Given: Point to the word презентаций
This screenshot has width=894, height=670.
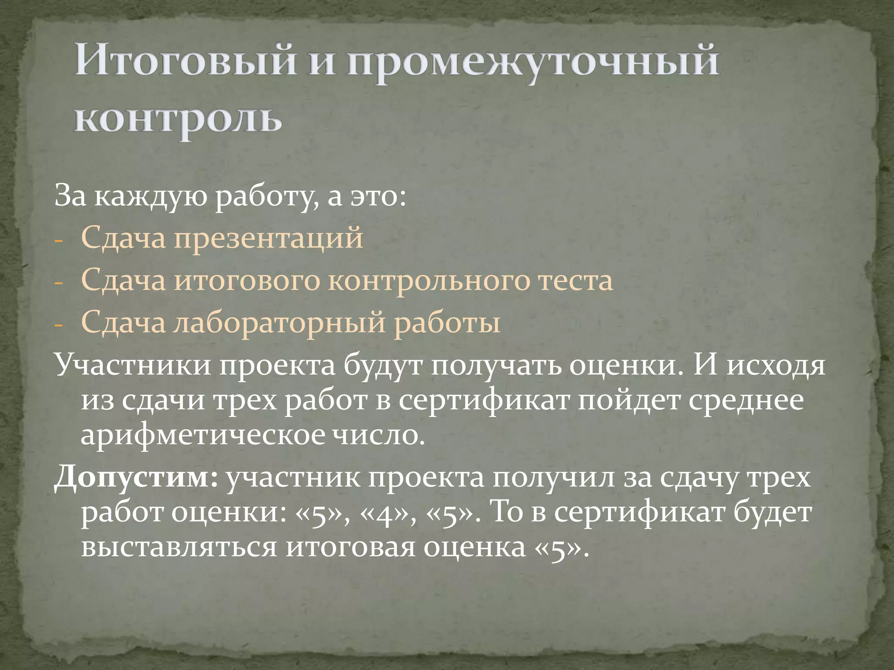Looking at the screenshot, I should [268, 238].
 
